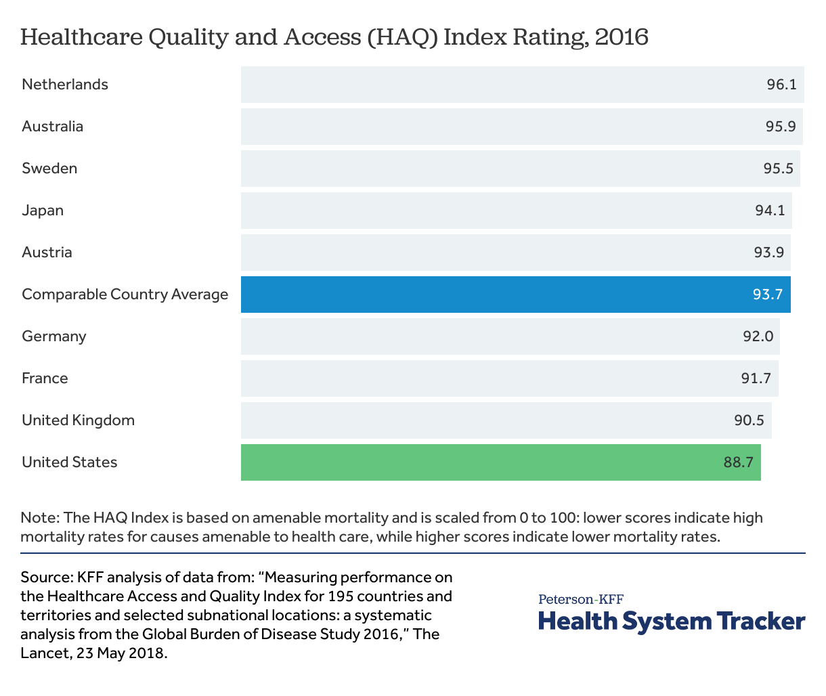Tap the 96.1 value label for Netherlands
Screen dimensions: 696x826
click(781, 85)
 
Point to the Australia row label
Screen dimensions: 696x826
click(52, 127)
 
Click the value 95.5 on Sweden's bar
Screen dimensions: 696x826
click(778, 169)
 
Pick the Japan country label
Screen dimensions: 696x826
click(43, 211)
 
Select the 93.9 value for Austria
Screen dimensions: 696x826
click(769, 253)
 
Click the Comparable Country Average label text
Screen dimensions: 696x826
click(125, 295)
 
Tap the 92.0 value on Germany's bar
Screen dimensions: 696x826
click(758, 336)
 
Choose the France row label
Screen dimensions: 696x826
click(45, 378)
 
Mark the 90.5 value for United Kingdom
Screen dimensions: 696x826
click(749, 420)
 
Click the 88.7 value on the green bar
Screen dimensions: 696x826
click(738, 462)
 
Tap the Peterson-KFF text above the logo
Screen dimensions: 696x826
click(581, 599)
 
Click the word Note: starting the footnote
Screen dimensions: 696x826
click(41, 518)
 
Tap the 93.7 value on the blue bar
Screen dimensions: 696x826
click(767, 295)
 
